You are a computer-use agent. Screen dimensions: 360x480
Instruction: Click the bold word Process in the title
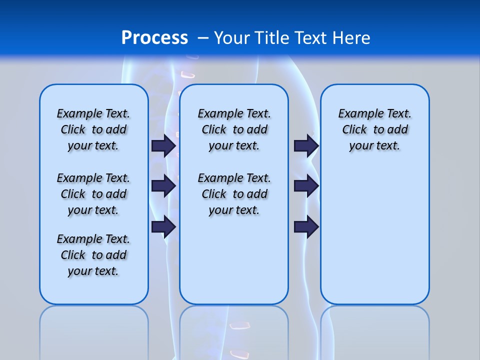(x=154, y=38)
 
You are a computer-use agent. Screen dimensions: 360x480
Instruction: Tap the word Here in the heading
(x=352, y=38)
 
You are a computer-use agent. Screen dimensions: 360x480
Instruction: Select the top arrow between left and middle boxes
(x=163, y=145)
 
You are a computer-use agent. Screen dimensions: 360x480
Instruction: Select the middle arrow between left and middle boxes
(x=163, y=186)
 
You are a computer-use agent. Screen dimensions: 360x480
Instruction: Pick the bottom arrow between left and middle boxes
(x=163, y=226)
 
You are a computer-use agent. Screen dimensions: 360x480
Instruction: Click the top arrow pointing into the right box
(x=306, y=145)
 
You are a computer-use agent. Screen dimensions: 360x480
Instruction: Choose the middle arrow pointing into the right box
(x=306, y=186)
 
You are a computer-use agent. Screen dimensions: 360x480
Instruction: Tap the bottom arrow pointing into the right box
(x=306, y=226)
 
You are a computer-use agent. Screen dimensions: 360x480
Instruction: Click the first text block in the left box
(x=93, y=129)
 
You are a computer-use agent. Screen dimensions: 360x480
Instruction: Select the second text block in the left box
(x=93, y=194)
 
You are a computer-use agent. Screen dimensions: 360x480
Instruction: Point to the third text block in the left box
(x=93, y=255)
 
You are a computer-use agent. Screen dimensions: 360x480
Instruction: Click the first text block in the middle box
(x=234, y=129)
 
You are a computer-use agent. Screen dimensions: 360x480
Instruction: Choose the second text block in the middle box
(x=234, y=194)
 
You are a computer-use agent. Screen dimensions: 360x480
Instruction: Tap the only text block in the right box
(x=374, y=129)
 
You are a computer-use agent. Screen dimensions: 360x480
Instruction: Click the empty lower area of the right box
(x=374, y=235)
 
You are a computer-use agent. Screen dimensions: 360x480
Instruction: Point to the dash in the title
(x=203, y=38)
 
